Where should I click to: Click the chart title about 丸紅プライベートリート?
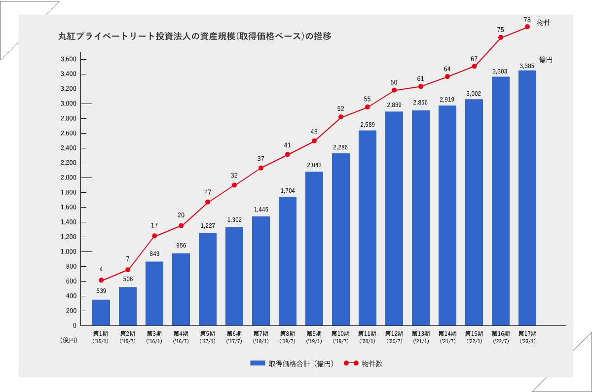(194, 36)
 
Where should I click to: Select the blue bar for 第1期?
(101, 312)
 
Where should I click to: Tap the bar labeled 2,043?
(314, 249)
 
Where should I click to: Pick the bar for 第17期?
(527, 198)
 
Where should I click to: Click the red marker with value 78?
(527, 27)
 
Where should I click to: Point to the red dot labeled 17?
(154, 236)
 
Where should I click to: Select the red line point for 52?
(341, 117)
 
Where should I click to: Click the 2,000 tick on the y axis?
(68, 178)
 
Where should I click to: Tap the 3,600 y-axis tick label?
(68, 59)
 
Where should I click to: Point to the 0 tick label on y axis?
(74, 325)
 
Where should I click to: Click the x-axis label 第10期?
(340, 334)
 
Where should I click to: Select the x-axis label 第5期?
(208, 334)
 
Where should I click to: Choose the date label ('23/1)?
(527, 341)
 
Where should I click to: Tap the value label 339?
(101, 291)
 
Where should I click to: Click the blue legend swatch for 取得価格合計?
(258, 363)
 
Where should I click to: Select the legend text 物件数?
(372, 364)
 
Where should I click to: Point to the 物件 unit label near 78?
(544, 22)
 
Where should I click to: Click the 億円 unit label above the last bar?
(546, 60)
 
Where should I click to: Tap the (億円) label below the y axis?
(69, 340)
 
